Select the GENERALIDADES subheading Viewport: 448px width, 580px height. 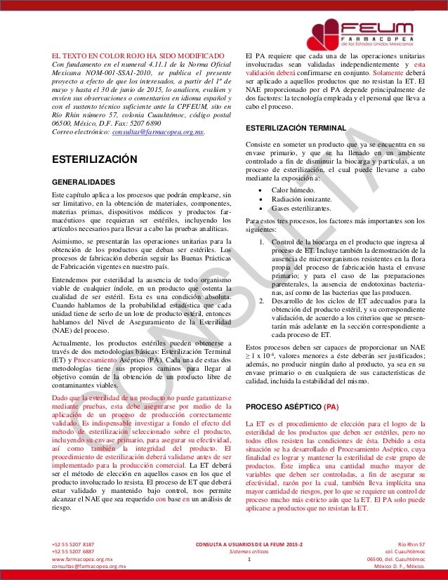coord(83,180)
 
